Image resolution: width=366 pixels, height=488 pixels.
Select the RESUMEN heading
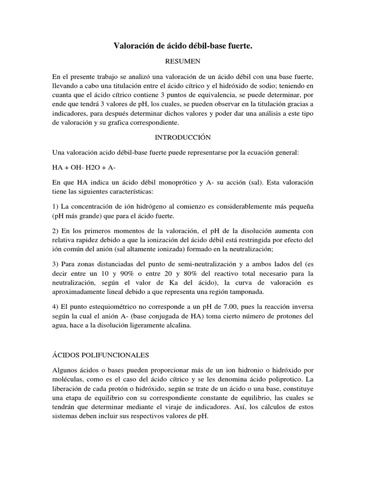(x=183, y=61)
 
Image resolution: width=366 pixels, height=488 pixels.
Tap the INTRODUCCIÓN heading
(x=183, y=137)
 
